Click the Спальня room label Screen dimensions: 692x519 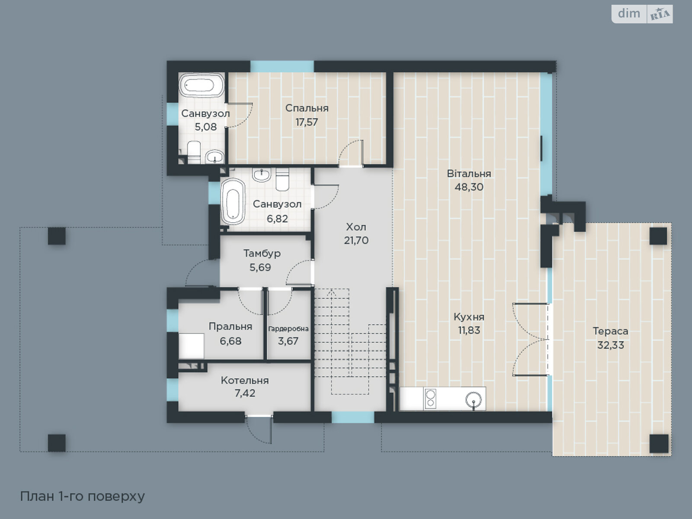point(307,108)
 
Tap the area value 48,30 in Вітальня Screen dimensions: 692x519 point(469,187)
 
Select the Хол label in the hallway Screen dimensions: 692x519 point(356,227)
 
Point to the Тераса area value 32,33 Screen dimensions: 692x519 point(611,345)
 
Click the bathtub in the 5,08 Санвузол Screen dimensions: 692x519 point(202,85)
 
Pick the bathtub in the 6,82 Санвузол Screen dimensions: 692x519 point(233,202)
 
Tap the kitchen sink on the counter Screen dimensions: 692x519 point(474,400)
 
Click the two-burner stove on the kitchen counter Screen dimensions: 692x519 point(430,398)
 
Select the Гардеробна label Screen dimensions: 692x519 point(288,329)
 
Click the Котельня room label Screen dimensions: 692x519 point(245,380)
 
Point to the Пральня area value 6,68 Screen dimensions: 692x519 point(231,341)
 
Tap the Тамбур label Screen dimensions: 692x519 point(262,253)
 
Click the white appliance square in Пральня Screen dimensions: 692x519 point(191,346)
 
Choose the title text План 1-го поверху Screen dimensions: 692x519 point(82,497)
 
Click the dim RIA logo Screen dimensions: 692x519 point(642,14)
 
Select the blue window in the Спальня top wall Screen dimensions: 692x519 point(282,67)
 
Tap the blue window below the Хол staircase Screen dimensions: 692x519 point(353,417)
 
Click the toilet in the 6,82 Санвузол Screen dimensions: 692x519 point(282,179)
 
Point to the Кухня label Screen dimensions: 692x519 point(469,317)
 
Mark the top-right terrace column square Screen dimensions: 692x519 point(658,236)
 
